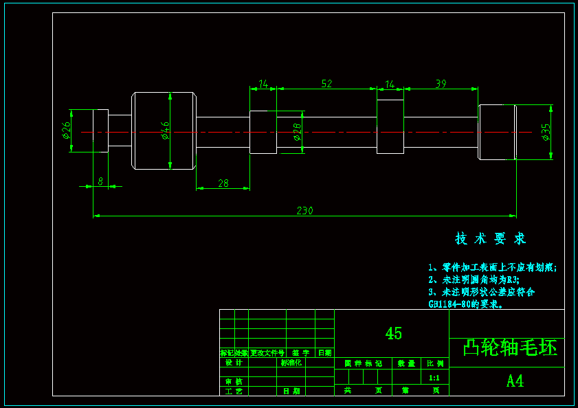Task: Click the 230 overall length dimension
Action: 304,211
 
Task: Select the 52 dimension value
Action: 326,84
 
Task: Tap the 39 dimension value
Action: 441,84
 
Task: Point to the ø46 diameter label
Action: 166,130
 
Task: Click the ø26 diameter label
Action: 66,130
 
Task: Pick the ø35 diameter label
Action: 546,132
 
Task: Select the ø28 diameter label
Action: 297,132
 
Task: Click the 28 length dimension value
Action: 223,183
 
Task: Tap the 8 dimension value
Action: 100,181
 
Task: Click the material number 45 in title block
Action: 393,334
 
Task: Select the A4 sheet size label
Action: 515,381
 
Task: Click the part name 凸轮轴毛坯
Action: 509,348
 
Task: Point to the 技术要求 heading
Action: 490,239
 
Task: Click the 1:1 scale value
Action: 434,378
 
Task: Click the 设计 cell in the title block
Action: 234,363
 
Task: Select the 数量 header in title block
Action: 406,363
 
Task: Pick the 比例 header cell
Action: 435,363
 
